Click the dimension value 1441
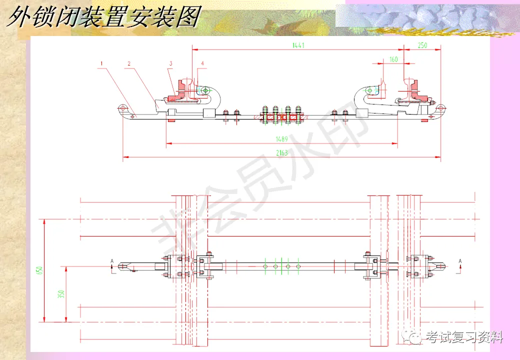pos(298,45)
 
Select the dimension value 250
pos(422,45)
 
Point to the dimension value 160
pos(393,59)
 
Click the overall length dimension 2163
pos(282,153)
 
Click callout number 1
pos(101,64)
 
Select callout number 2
pos(129,64)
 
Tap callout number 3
pos(170,64)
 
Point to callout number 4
pos(202,64)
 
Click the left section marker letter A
pos(112,261)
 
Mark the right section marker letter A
pos(461,261)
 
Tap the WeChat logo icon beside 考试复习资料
pos(416,337)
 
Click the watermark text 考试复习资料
pos(464,337)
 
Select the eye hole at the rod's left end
pos(122,108)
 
